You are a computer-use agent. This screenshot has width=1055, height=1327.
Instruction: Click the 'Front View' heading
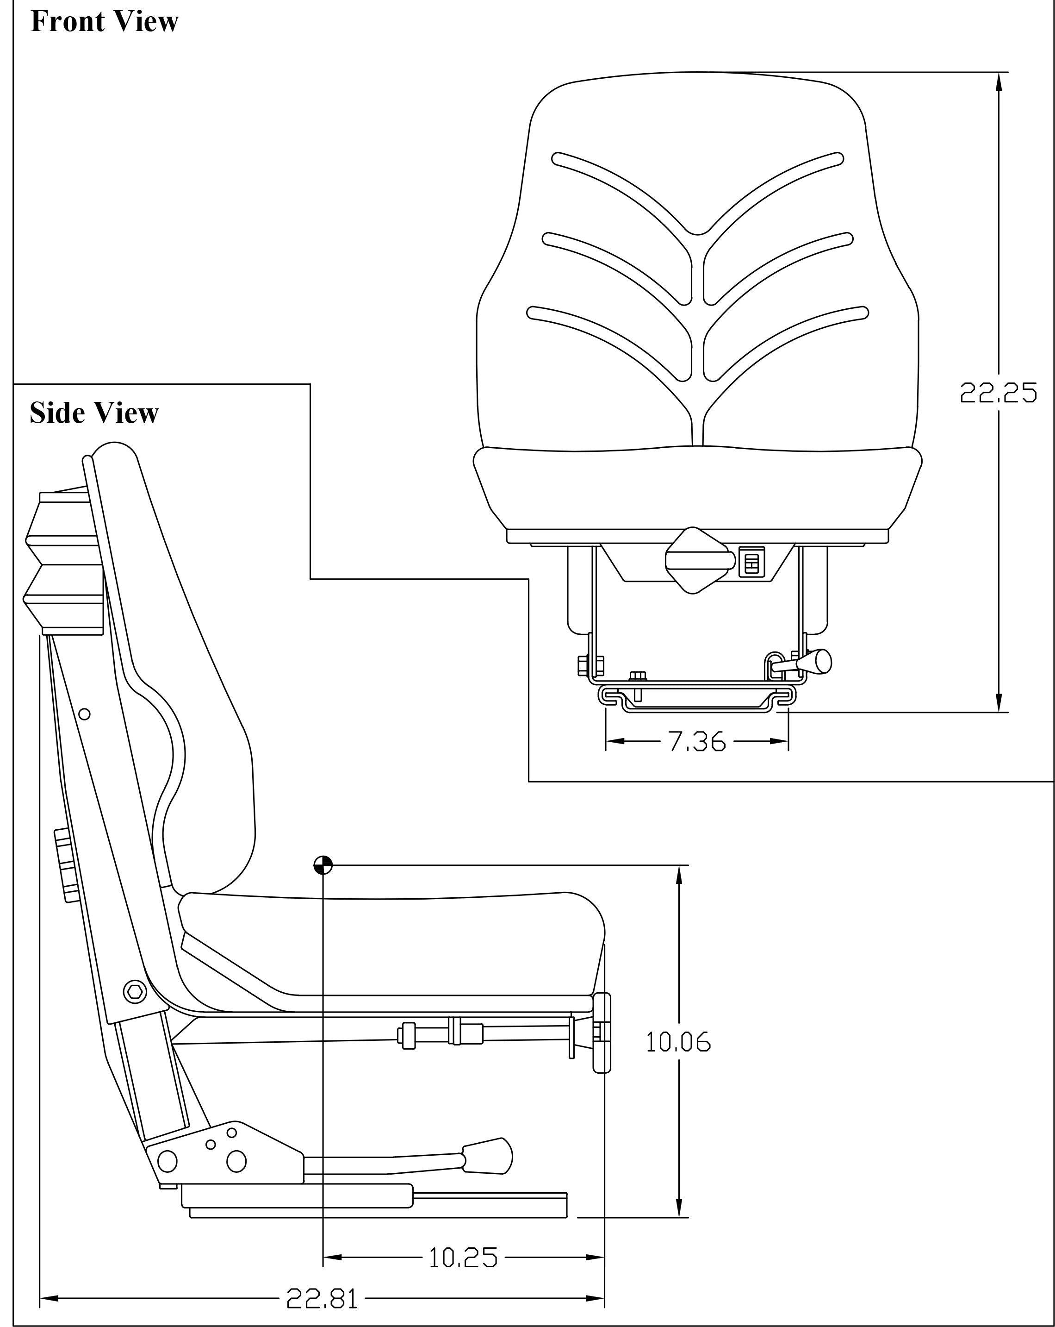104,22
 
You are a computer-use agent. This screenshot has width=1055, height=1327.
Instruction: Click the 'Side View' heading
94,413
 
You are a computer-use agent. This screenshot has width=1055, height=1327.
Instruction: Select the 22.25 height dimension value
998,393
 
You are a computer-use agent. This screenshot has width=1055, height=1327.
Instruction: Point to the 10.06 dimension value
678,1043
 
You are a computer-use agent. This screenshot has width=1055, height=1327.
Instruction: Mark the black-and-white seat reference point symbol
323,865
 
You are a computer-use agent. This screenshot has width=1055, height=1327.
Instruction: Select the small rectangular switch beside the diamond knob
751,561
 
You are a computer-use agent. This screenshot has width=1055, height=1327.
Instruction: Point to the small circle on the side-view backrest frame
85,714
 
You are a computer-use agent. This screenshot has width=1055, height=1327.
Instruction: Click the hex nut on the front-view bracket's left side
590,665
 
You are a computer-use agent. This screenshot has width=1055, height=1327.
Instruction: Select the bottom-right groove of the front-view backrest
784,342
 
